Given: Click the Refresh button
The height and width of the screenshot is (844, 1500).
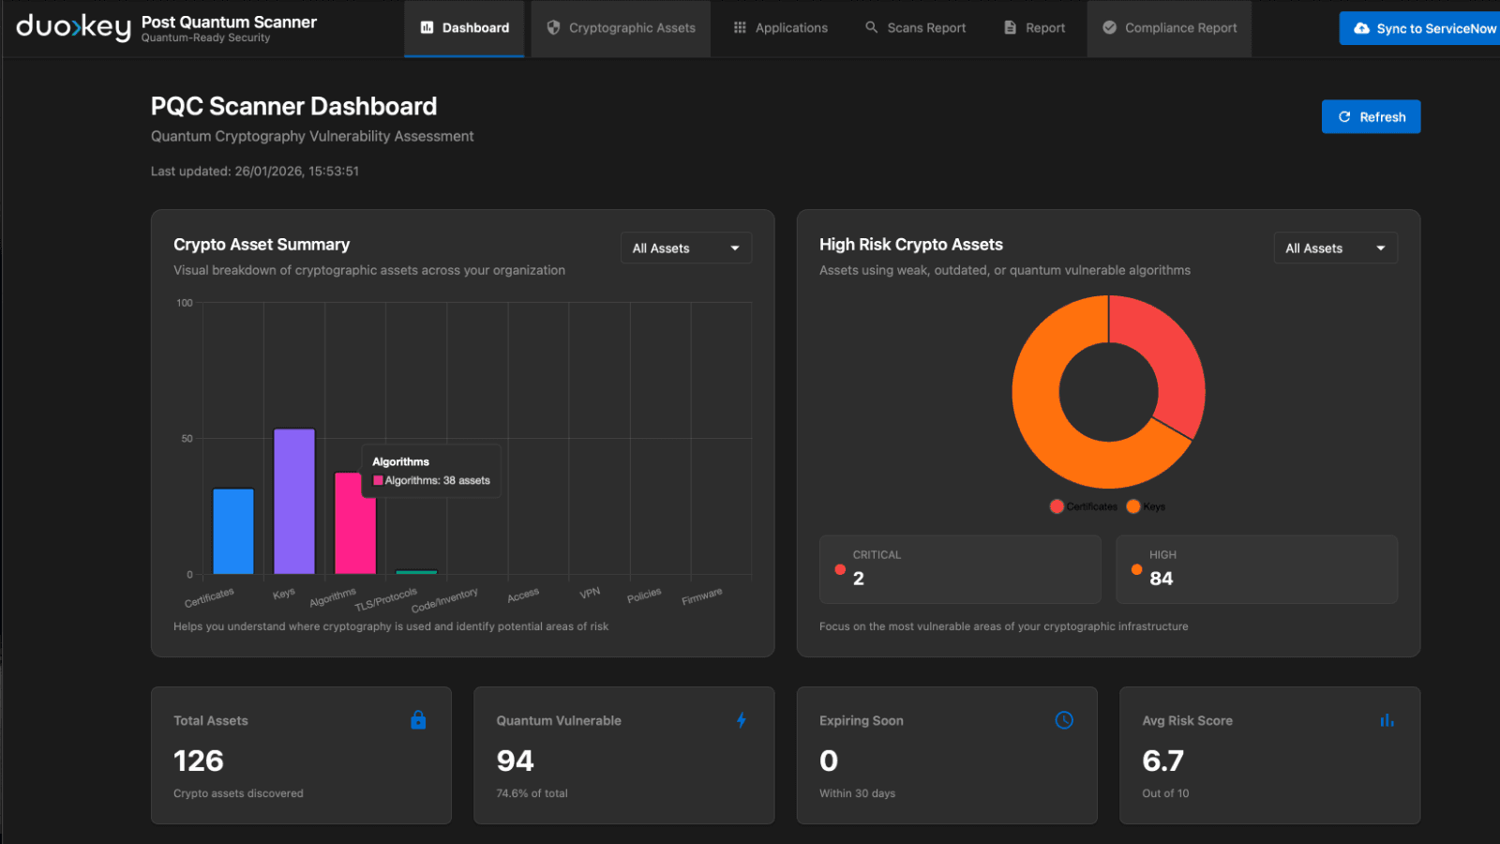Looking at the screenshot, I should [x=1371, y=117].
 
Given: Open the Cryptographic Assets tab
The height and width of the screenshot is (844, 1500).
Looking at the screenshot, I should [x=621, y=28].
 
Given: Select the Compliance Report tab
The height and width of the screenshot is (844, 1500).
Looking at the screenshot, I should [x=1169, y=28].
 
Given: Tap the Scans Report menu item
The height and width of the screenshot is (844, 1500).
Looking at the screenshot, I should [x=915, y=28].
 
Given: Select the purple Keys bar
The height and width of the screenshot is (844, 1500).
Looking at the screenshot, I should [x=294, y=502].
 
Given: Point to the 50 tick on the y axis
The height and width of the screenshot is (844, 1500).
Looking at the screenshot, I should [x=187, y=439].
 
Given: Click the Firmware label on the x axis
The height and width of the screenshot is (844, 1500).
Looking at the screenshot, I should [x=702, y=596].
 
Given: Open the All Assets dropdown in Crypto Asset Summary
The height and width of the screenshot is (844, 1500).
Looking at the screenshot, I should [x=685, y=249].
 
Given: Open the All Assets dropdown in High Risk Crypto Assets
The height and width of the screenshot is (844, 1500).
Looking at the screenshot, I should [x=1335, y=249].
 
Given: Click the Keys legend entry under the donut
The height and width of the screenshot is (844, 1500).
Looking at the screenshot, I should [x=1147, y=506].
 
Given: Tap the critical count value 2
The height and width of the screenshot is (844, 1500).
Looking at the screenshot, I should [x=859, y=579].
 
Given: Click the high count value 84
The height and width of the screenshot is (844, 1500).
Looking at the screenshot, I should [x=1161, y=579].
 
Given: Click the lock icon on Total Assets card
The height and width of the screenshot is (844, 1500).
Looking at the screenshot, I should [x=418, y=720].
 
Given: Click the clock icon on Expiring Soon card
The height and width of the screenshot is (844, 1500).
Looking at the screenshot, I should [x=1064, y=720].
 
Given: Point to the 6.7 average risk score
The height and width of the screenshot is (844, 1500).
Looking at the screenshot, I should [x=1162, y=761].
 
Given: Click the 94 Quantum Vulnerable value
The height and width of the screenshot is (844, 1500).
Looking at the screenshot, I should [x=515, y=761].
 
